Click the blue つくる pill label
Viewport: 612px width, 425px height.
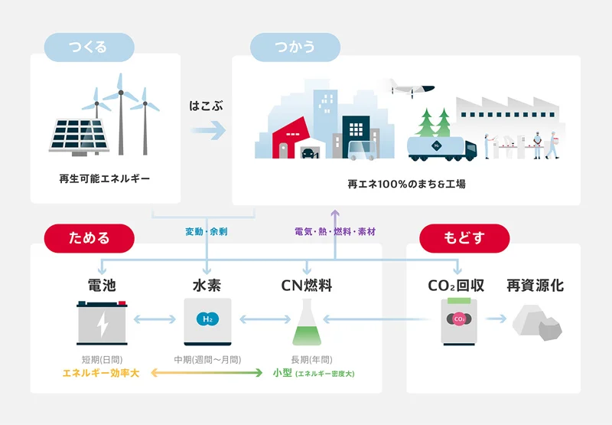89,47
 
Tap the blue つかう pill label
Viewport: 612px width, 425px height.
295,47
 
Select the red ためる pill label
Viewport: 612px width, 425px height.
89,238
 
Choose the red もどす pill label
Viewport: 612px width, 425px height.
464,238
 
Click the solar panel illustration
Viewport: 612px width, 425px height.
79,137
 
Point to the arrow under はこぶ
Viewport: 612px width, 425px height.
208,130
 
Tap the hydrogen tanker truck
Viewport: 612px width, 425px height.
442,149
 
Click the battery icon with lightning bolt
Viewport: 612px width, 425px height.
102,322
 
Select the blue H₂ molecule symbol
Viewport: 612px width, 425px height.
207,319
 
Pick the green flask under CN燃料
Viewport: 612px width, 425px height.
307,322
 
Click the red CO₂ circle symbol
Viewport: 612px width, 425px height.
459,319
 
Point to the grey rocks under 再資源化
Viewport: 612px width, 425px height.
537,322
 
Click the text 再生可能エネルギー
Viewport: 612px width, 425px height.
105,179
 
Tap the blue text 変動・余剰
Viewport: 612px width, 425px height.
207,231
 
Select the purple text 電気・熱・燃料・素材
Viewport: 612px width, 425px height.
335,231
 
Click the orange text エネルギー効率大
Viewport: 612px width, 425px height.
101,373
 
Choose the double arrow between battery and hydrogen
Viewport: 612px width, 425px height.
155,319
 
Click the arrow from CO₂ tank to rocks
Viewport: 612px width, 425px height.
496,319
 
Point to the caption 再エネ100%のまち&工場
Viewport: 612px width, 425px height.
406,184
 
